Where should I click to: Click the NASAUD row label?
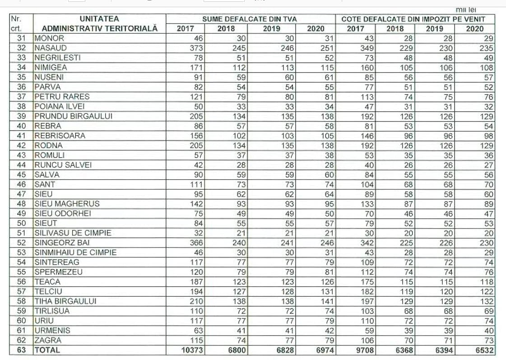tap(51, 48)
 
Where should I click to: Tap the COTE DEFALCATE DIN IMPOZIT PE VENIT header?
tap(413, 19)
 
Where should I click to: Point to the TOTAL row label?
tap(47, 350)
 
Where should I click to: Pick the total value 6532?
tap(482, 350)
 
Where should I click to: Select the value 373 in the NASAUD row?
tap(195, 48)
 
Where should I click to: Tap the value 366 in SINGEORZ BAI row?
tap(195, 243)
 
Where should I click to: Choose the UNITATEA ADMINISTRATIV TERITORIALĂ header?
tap(99, 23)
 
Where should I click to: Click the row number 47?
tap(21, 194)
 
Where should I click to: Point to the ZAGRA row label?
tap(47, 340)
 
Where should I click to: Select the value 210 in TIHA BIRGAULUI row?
tap(195, 301)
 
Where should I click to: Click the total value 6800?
tap(236, 350)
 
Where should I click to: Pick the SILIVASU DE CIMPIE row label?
tap(73, 233)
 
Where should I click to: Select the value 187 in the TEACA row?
tap(195, 281)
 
